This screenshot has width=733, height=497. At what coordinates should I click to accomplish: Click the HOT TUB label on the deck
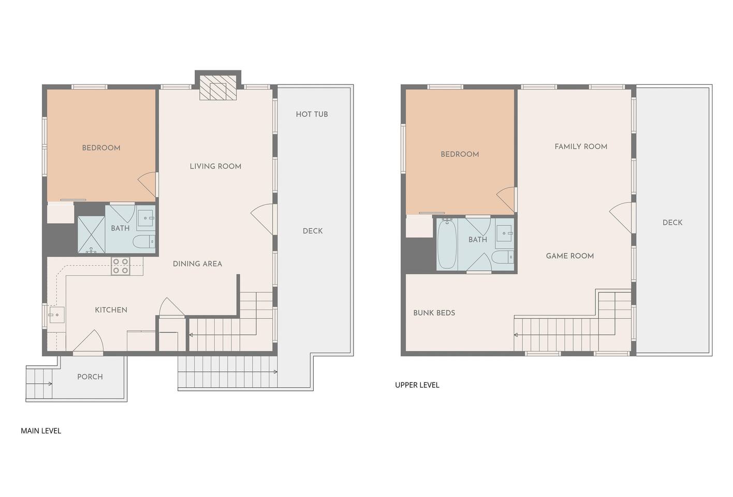coord(312,114)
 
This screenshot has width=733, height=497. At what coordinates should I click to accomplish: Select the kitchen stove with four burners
coord(120,266)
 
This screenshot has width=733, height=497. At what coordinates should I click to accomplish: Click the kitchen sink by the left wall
coord(56,315)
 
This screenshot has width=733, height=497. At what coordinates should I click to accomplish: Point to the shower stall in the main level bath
coord(91,235)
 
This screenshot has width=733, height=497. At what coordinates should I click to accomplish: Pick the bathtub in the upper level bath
coord(447,244)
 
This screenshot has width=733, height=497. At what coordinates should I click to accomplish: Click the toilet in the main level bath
coord(144,242)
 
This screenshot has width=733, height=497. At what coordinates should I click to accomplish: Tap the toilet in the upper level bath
coord(503,257)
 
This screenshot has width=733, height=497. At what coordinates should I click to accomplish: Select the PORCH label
coord(90,377)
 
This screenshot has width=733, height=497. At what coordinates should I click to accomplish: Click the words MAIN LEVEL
coord(41,431)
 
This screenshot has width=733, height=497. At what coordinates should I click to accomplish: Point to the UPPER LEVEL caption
coord(417,385)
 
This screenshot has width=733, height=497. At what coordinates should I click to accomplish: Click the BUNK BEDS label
coord(434,313)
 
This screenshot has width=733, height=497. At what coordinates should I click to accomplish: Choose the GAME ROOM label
coord(570,256)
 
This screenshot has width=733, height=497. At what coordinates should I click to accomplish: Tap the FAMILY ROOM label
coord(581,147)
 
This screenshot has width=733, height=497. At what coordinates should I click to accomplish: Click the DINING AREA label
coord(197,264)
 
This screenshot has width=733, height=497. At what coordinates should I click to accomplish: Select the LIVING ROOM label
coord(216,166)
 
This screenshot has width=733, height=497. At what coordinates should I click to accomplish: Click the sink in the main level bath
coord(145,218)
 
